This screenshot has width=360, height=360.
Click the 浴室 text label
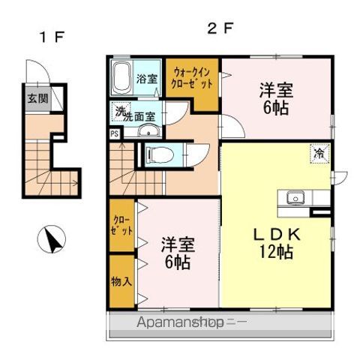tap(146, 79)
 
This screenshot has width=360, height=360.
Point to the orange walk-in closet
tap(193, 85)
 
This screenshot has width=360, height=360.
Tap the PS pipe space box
tap(114, 134)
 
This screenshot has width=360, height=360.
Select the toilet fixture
tap(159, 154)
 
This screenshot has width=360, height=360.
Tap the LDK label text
tap(276, 234)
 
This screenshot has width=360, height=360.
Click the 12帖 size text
tap(276, 252)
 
